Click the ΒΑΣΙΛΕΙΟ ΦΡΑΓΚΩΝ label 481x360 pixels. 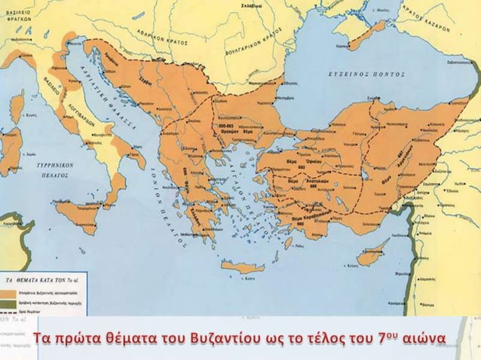click(x=16, y=14)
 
